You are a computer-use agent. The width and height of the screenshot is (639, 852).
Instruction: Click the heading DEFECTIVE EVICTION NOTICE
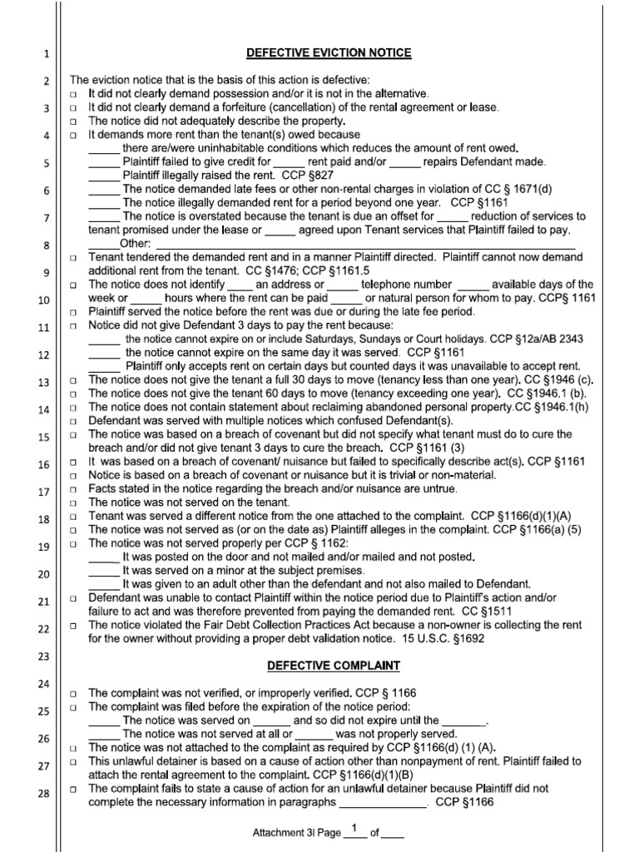pos(329,53)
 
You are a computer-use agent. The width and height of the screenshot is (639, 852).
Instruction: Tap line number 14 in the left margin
pos(44,410)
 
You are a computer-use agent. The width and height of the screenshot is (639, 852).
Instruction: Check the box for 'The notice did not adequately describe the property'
pos(74,121)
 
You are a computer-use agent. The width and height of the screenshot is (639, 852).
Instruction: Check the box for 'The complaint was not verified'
pos(74,693)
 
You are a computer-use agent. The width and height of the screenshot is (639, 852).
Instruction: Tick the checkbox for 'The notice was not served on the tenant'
pos(74,503)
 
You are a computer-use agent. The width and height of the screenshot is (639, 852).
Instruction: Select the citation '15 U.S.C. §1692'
pos(429,638)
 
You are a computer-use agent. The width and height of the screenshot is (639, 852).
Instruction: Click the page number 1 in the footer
pos(354,827)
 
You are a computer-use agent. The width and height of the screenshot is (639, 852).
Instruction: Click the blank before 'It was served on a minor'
pos(104,571)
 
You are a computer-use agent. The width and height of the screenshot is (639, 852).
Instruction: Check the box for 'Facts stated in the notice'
pos(74,489)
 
